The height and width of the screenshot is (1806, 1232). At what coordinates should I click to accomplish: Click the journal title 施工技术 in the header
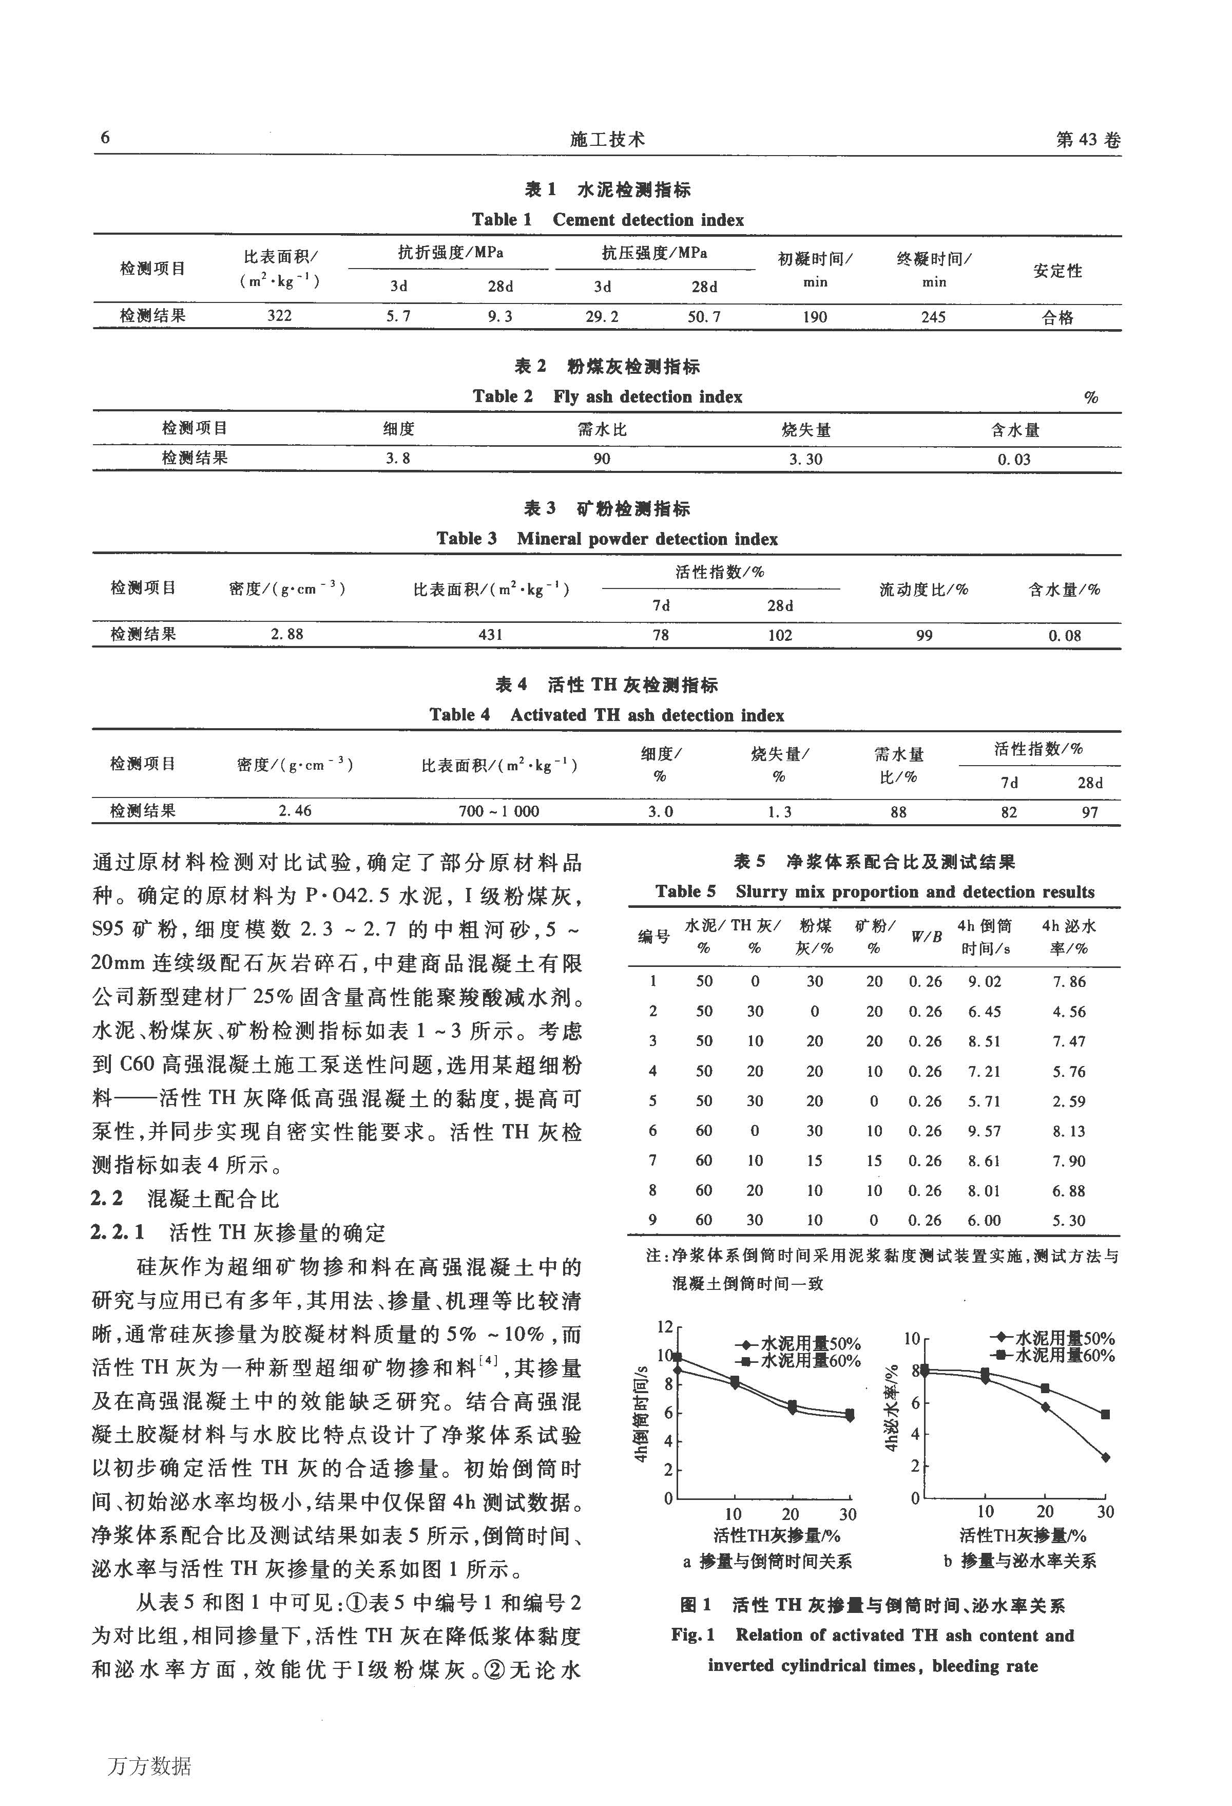[607, 139]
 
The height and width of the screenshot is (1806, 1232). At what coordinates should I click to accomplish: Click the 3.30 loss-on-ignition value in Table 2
[805, 459]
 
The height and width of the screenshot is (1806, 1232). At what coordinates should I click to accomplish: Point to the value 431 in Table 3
[490, 635]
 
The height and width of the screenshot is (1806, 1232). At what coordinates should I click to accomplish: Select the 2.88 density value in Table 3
[286, 634]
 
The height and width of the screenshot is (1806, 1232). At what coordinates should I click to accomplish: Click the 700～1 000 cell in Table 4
[499, 811]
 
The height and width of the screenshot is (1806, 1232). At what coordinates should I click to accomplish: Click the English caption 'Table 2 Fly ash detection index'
[607, 396]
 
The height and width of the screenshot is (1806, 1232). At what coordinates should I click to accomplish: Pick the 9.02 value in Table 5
[984, 981]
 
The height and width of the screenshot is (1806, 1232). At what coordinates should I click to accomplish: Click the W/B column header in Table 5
[926, 937]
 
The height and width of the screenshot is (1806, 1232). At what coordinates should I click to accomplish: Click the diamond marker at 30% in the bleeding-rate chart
[1105, 1457]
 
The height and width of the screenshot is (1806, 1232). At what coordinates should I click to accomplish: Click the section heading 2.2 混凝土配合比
[185, 1199]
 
